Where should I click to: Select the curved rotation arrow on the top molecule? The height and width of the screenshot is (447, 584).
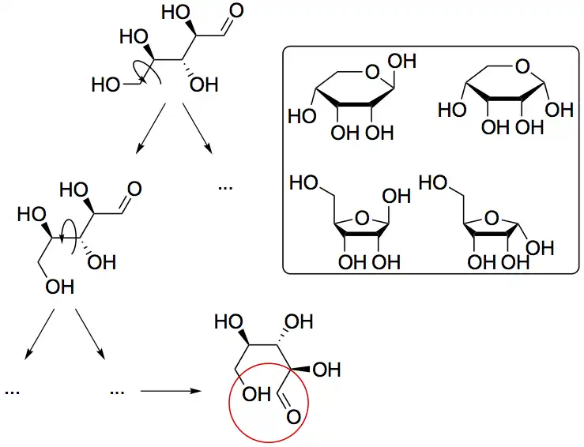click(x=147, y=71)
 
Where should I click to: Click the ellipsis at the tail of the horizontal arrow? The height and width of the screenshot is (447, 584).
click(x=118, y=390)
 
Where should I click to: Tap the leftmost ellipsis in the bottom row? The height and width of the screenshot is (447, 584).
click(x=11, y=390)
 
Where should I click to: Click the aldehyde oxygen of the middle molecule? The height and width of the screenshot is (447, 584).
click(x=134, y=189)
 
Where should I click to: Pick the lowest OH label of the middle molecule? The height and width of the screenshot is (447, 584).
click(x=58, y=287)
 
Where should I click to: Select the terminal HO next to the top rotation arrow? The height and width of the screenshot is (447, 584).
click(x=106, y=85)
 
